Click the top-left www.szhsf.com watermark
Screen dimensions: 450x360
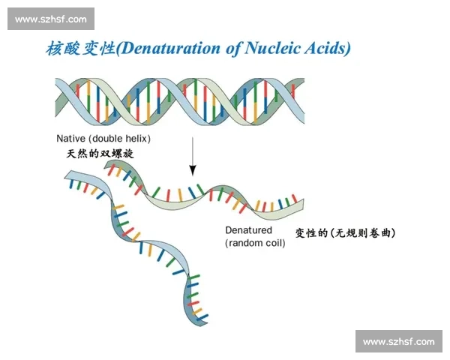(51, 19)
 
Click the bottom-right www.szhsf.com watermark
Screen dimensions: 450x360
(399, 342)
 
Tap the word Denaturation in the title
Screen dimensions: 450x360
(170, 48)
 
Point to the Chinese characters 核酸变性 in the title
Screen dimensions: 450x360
(81, 48)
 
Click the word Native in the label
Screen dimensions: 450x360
(71, 138)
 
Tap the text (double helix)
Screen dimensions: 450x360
(120, 139)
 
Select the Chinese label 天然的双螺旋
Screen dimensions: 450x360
(100, 154)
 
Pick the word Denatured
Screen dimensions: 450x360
(248, 230)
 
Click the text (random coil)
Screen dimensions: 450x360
(255, 243)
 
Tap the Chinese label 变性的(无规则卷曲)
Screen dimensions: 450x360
(345, 232)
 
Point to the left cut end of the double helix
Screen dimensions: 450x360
(55, 101)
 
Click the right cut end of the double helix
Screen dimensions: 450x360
(304, 101)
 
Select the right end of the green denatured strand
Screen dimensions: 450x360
(303, 205)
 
